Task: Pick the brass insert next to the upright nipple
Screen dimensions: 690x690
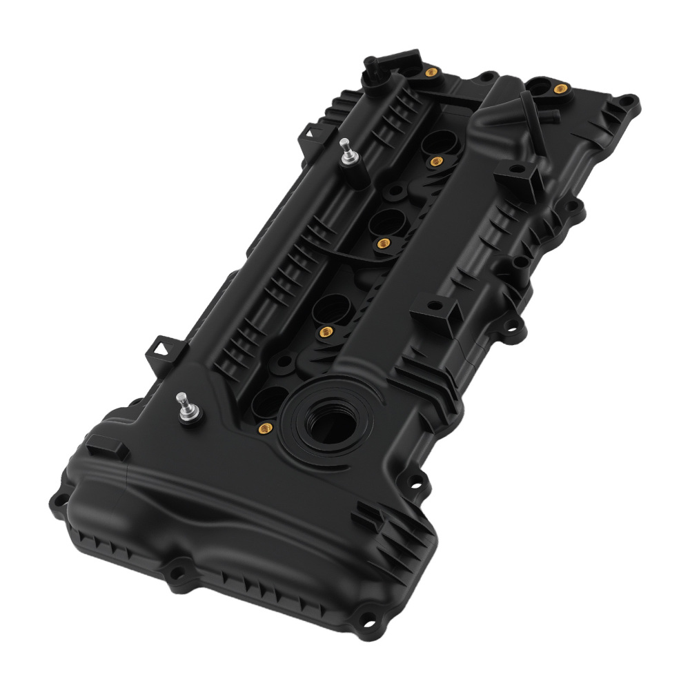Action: (432, 72)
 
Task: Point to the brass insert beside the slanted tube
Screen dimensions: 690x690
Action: (560, 88)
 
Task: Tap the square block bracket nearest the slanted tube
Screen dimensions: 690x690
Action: (519, 181)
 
